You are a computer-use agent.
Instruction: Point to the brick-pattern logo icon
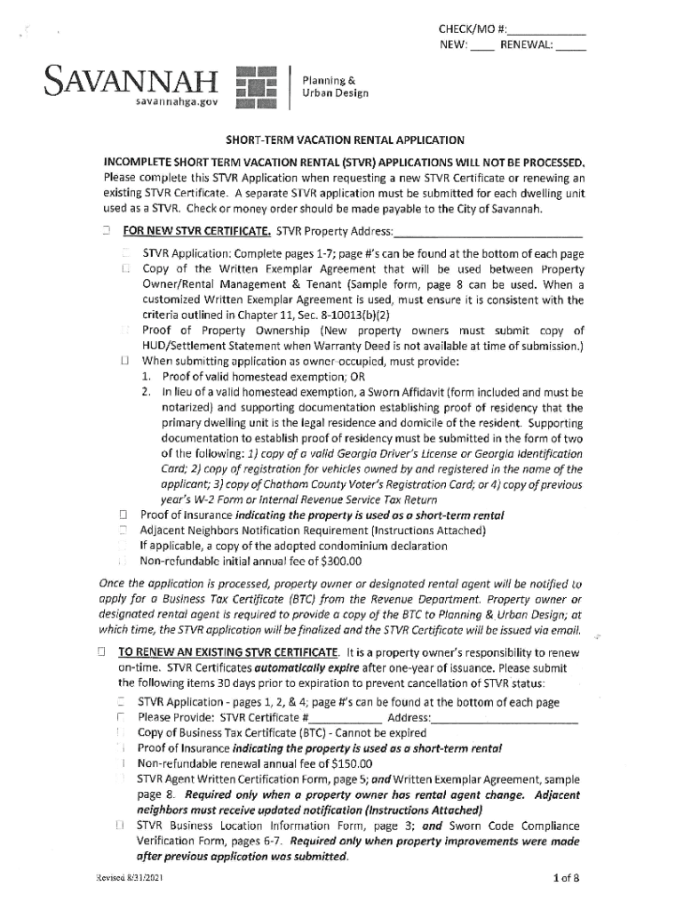tap(257, 88)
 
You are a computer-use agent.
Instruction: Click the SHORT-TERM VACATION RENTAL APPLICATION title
tap(344, 140)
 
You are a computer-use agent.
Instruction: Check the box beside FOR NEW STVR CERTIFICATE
tap(105, 233)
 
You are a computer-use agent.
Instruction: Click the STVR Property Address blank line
tap(488, 234)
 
